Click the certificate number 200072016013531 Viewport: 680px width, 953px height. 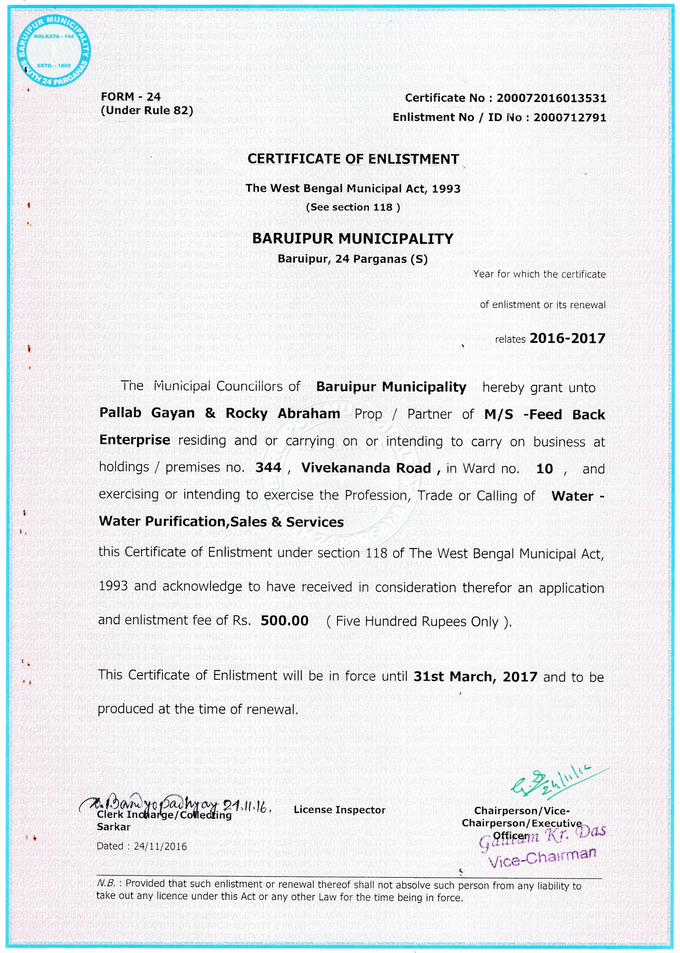point(551,98)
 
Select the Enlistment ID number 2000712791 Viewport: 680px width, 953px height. point(570,117)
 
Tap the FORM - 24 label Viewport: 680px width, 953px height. point(130,97)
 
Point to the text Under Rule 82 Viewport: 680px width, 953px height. point(147,110)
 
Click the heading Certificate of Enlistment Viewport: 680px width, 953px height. point(353,159)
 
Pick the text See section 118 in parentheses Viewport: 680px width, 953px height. point(353,207)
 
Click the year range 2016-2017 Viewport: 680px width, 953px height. point(567,338)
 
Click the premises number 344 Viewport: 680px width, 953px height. point(268,468)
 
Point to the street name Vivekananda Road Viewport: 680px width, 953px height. point(366,468)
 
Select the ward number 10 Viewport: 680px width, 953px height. point(544,469)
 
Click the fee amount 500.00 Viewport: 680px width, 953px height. point(284,621)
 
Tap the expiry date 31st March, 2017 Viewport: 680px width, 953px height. point(475,676)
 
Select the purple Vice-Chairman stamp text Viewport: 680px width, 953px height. point(542,857)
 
